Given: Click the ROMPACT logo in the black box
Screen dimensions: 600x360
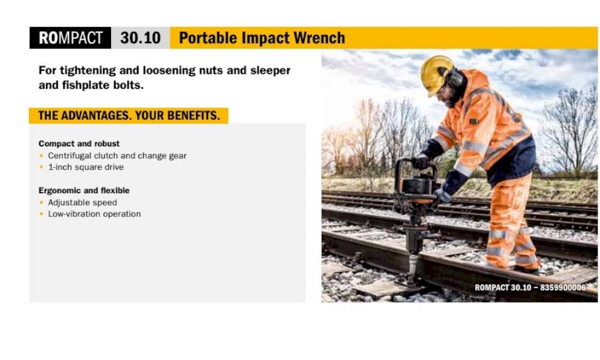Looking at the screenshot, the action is tap(70, 38).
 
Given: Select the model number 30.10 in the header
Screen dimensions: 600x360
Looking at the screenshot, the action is tap(140, 38).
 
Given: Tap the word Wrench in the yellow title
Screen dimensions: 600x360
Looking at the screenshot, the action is tap(319, 38).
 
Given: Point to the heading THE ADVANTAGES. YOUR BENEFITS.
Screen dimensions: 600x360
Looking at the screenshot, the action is tap(129, 116).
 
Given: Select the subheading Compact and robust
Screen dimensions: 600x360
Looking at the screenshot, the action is tap(79, 143).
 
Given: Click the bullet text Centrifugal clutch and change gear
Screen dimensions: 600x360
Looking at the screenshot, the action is tap(117, 156).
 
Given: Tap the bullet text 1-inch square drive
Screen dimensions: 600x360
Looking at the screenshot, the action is tap(86, 167).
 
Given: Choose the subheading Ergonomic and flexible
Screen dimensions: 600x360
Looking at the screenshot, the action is tap(84, 190).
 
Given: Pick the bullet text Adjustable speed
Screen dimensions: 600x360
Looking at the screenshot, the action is tap(82, 202).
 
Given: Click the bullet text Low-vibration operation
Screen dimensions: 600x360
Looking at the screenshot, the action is tap(94, 214).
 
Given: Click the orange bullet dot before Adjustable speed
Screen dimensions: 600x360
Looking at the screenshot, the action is tap(41, 202).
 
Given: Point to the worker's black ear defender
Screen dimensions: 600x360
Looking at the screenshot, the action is tap(455, 77).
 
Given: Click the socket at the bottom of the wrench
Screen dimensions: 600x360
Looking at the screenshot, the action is tap(412, 268).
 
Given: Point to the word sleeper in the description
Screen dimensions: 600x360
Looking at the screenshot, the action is tap(270, 71).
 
